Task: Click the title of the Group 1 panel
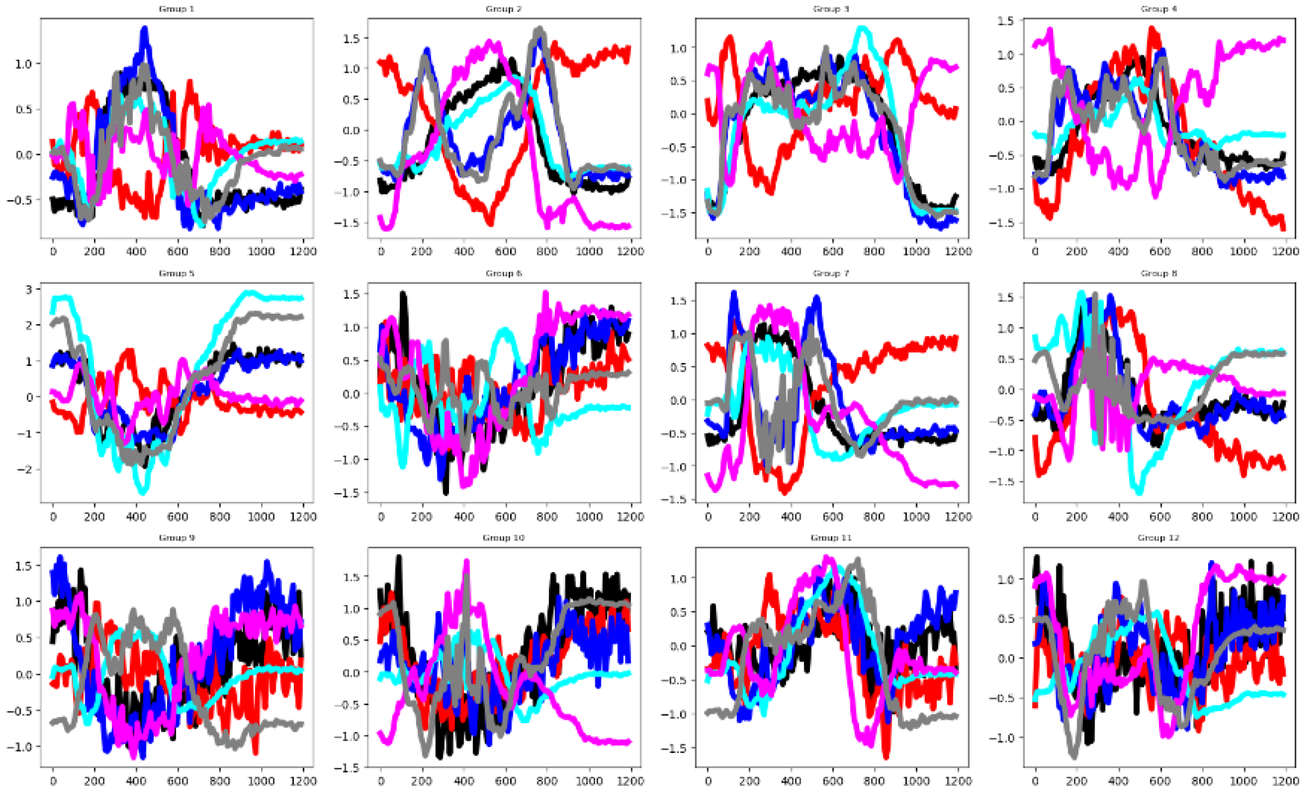tap(176, 9)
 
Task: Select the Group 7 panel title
tap(831, 273)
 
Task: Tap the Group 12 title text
tap(1158, 538)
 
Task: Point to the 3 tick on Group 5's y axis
tap(29, 289)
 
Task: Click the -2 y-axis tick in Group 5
tap(26, 469)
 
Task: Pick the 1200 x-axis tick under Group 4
tap(1285, 251)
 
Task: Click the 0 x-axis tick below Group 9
tap(53, 781)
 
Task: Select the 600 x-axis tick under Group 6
tap(505, 516)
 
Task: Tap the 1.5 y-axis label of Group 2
tap(351, 38)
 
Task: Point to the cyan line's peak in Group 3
tap(862, 27)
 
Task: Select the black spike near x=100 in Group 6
tap(403, 294)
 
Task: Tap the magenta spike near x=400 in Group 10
tap(466, 561)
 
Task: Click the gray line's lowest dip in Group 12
tap(1074, 757)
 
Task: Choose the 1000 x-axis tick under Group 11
tap(916, 781)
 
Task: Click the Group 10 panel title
tap(503, 538)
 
